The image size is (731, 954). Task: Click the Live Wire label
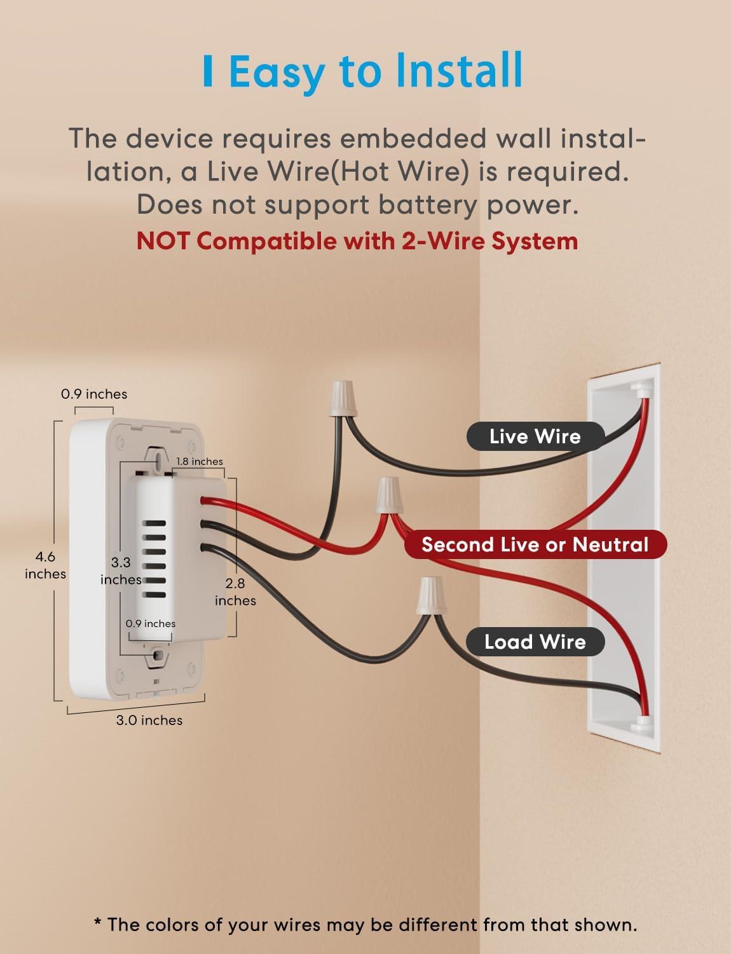click(535, 436)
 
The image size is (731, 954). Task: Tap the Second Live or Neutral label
click(535, 544)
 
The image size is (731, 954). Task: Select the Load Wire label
click(535, 642)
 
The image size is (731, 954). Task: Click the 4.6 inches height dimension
click(45, 565)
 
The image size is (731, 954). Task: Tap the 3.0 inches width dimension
click(149, 720)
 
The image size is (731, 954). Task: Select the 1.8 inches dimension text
click(200, 461)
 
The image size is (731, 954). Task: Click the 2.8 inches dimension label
click(235, 591)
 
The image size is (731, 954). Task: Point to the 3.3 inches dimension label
click(121, 570)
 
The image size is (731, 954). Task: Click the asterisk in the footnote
click(98, 923)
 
